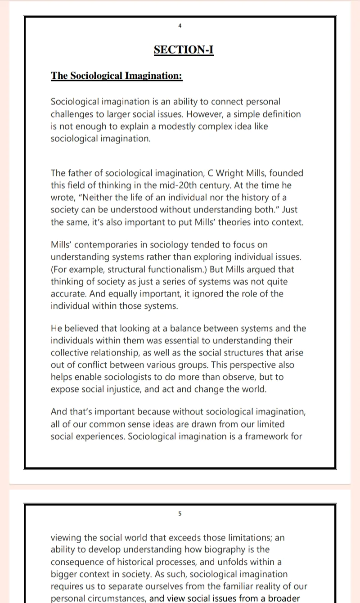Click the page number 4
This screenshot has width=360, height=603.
click(180, 26)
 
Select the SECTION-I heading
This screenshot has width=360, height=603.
click(184, 49)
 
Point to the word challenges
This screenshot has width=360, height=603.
click(72, 114)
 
